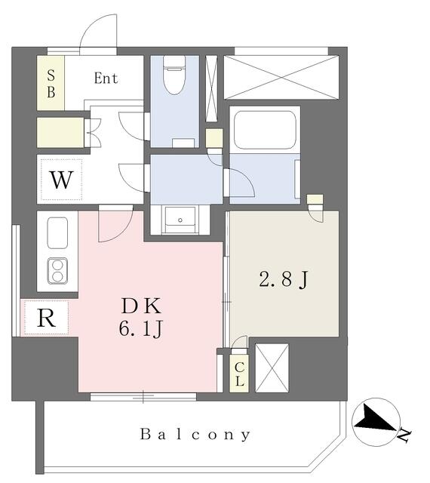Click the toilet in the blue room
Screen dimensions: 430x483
174,75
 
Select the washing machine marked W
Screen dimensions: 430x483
62,180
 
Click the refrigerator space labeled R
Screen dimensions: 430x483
46,318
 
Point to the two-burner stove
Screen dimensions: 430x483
57,271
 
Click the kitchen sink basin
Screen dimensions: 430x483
57,232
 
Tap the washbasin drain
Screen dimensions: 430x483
180,220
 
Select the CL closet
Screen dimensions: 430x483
239,374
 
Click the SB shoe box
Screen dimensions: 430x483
51,83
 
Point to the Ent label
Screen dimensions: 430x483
106,78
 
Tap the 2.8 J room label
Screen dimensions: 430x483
284,280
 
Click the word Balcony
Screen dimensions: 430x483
195,435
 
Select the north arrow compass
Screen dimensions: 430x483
376,423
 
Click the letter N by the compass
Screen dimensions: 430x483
404,435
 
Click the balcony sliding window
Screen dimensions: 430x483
143,396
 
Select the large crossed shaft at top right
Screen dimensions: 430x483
281,77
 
